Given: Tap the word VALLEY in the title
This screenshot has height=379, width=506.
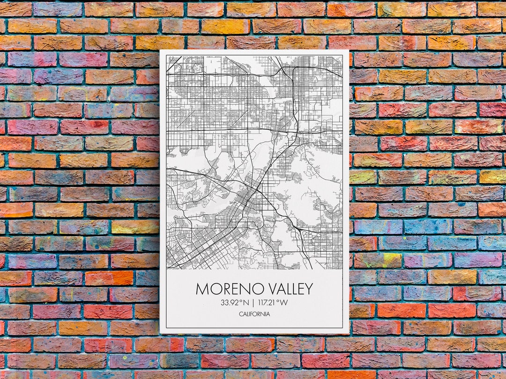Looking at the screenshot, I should (283, 289).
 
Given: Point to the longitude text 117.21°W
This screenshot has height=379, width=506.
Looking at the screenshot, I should (273, 302).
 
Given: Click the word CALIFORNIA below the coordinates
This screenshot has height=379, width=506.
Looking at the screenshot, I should (254, 314).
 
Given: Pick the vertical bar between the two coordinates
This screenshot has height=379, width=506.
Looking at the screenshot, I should (253, 302).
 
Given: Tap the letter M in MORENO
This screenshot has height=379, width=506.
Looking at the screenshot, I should (202, 289).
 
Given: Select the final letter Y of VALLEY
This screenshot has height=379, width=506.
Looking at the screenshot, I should (308, 289).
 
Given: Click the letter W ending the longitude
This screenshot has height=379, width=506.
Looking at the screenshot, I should (284, 302).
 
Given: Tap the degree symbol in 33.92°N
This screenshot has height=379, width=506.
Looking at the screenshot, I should (243, 300).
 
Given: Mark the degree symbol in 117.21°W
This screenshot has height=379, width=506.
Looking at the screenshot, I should (278, 300).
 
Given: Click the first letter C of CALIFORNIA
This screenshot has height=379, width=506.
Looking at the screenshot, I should (240, 314).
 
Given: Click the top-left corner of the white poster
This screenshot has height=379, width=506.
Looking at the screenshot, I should (160, 50).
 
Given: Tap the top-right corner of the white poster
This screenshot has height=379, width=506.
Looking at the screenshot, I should (349, 50).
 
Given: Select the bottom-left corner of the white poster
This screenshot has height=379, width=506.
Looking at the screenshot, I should (160, 333).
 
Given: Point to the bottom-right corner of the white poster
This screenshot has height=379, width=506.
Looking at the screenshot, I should (349, 333).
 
